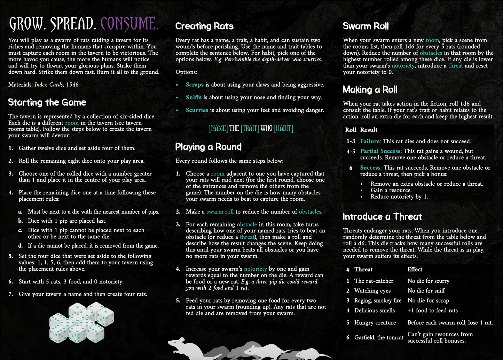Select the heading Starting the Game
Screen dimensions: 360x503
click(47, 102)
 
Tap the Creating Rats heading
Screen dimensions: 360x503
click(204, 26)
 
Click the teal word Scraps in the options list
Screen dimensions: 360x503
click(195, 85)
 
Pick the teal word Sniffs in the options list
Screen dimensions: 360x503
click(194, 97)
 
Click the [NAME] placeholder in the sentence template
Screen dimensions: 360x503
click(218, 128)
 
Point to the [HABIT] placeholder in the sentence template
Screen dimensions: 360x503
click(283, 128)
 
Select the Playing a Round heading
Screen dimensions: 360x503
click(208, 147)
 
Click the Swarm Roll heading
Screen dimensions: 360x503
click(366, 26)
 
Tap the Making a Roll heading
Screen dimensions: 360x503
click(370, 90)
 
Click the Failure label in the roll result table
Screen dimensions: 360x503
click(370, 141)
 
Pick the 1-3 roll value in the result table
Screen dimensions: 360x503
click(351, 141)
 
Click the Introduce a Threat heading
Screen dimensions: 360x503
click(382, 217)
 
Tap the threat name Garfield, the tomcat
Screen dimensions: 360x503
click(379, 337)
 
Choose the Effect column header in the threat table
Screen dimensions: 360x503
click(415, 269)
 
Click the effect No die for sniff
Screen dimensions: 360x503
click(426, 291)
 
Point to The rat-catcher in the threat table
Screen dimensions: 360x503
click(374, 281)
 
